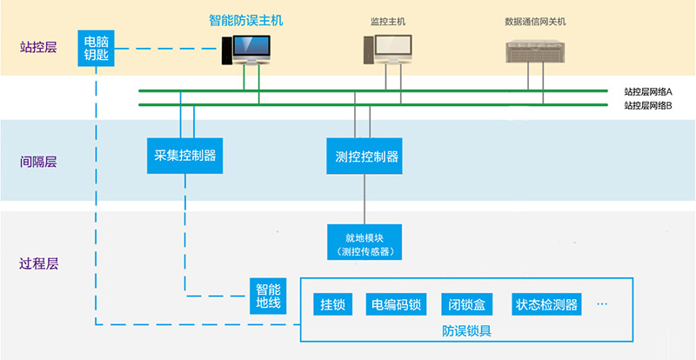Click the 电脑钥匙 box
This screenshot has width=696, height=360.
[x=97, y=49]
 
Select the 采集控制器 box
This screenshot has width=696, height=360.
[x=184, y=157]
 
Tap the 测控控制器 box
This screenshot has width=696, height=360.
[x=366, y=157]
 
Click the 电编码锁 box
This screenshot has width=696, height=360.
[x=396, y=304]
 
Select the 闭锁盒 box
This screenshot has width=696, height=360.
[x=467, y=304]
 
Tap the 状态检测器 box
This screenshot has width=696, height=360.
[x=546, y=304]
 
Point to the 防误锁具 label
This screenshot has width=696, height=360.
[x=466, y=330]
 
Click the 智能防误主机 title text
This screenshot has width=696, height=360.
[x=245, y=19]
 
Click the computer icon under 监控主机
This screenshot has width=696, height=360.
[x=385, y=50]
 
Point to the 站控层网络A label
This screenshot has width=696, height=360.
[x=648, y=91]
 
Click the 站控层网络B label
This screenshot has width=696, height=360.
[x=648, y=105]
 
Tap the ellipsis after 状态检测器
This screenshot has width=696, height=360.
[x=603, y=304]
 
